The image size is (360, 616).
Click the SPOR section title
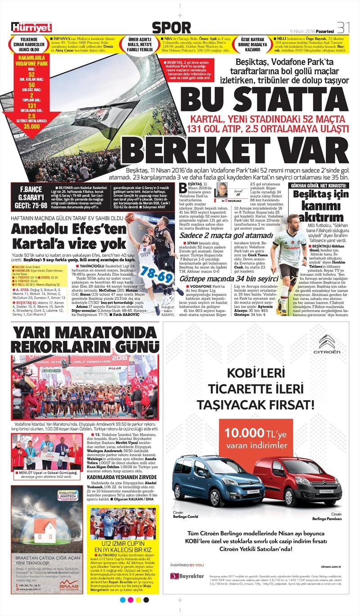tap(171, 27)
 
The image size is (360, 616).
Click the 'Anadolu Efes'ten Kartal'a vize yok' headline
tap(63, 236)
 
